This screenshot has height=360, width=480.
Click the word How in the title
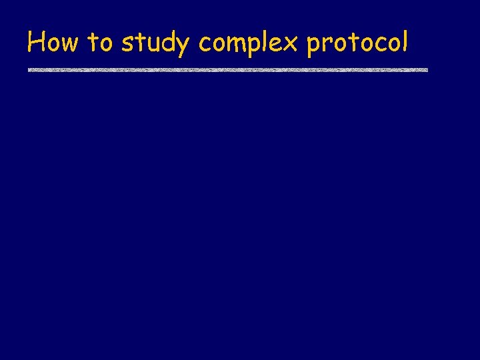[53, 43]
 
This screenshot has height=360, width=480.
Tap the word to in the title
[100, 43]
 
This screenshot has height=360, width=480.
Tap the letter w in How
[69, 45]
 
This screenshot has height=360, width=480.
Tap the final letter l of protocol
[404, 42]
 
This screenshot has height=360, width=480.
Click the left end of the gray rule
[29, 69]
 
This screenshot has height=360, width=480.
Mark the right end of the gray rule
[427, 69]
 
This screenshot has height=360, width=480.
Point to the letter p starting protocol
[313, 47]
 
